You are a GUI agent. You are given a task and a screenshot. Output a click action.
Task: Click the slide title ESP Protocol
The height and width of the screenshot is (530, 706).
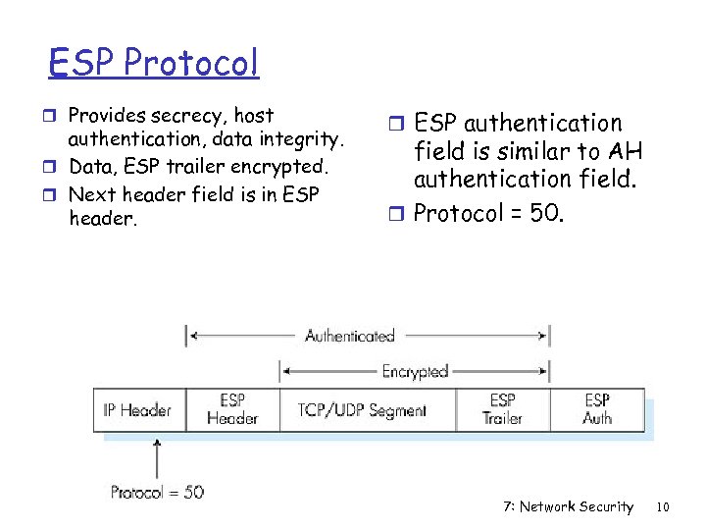coord(155,63)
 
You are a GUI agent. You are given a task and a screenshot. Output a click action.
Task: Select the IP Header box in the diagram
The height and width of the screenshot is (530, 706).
coord(138,410)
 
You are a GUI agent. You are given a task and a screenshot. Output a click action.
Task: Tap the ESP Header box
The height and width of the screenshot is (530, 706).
coord(232,409)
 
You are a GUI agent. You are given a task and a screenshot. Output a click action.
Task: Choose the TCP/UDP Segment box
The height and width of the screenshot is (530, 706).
coord(362,410)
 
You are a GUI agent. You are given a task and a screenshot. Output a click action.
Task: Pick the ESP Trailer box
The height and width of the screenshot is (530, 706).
coord(502,409)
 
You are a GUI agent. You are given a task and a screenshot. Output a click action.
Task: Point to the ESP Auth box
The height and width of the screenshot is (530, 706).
coord(597,409)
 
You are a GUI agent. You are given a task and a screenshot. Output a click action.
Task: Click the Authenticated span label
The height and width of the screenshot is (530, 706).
coord(350,336)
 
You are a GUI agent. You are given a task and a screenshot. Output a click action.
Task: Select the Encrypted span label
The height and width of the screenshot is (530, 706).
coord(415,371)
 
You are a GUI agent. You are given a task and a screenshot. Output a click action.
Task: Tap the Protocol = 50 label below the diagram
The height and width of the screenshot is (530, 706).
coord(157,492)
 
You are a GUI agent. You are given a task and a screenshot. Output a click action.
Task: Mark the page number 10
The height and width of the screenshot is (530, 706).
coord(663,507)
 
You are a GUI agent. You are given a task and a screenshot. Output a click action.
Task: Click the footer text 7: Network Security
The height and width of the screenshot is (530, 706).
coord(568,507)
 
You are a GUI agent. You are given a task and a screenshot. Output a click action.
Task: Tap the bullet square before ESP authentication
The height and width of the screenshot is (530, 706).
coord(400,125)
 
